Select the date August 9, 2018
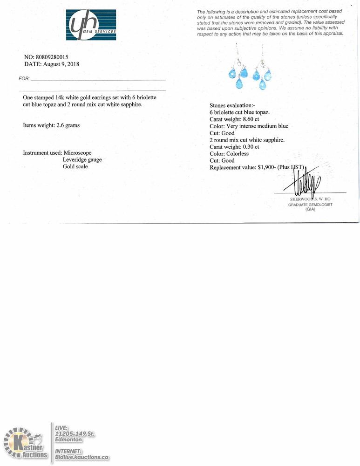click(61, 64)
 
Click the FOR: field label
click(24, 79)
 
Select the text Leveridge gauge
click(82, 159)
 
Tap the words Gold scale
click(75, 166)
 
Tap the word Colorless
click(238, 154)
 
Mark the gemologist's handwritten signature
click(305, 182)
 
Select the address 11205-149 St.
click(75, 434)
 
